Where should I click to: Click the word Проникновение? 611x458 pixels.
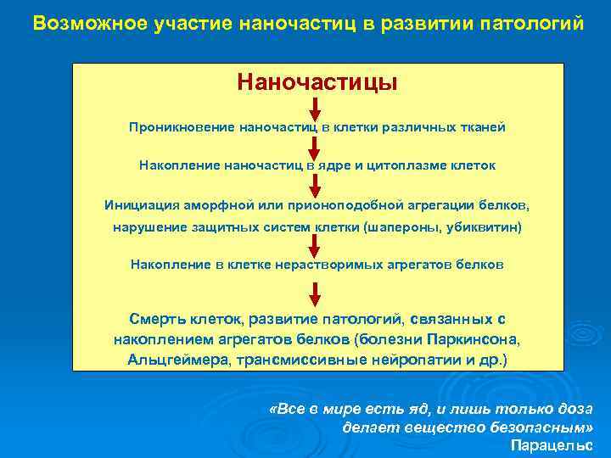[181, 127]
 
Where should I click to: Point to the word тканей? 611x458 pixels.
[484, 127]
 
